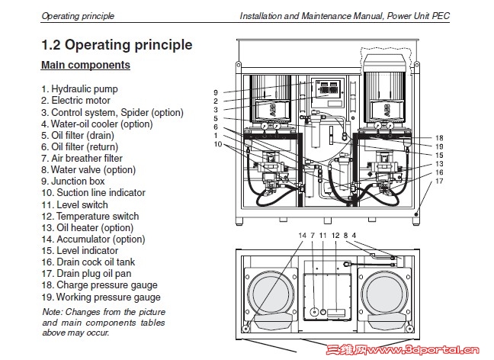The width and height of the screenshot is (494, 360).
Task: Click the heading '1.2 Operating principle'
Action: pyautogui.click(x=116, y=44)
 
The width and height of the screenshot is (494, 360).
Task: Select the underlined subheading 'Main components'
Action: pyautogui.click(x=85, y=66)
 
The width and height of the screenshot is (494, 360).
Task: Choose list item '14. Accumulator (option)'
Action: pyautogui.click(x=93, y=239)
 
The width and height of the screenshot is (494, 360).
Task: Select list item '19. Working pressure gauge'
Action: pyautogui.click(x=101, y=297)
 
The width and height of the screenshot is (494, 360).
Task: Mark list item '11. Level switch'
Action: pyautogui.click(x=75, y=204)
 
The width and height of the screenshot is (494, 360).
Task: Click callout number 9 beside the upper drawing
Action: pyautogui.click(x=217, y=92)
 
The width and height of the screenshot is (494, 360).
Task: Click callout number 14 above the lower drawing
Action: pyautogui.click(x=301, y=235)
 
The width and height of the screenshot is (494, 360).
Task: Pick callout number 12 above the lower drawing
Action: pyautogui.click(x=335, y=235)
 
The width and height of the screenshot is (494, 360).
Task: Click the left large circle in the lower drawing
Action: pyautogui.click(x=266, y=294)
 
